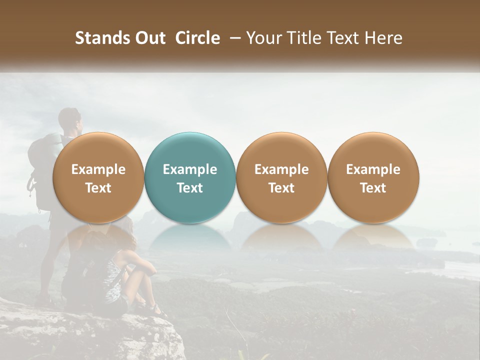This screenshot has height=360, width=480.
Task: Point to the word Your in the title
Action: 263,38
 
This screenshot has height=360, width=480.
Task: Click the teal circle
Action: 190,177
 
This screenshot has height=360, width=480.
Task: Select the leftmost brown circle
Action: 98,177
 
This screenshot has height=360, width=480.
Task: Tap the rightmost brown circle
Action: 373,177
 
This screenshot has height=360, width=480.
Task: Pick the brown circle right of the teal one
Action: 281,177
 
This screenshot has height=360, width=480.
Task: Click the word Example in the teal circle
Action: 190,169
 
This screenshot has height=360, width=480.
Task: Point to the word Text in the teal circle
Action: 190,188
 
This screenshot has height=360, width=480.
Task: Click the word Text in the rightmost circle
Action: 373,188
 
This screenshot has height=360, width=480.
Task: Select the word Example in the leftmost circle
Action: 98,169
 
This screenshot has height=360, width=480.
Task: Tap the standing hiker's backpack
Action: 41,160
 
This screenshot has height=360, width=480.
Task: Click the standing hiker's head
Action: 69,120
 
